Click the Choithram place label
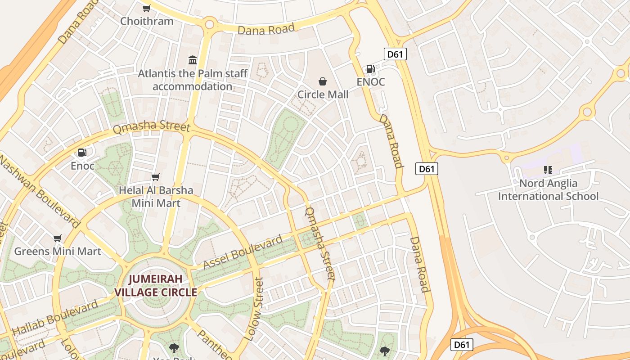[147, 21]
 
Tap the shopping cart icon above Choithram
[147, 8]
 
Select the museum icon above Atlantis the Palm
[193, 60]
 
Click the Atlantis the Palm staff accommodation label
[193, 80]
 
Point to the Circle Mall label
[323, 94]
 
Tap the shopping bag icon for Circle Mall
[323, 81]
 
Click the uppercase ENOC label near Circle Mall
[371, 82]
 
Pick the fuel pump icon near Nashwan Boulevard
[82, 153]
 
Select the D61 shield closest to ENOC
[395, 54]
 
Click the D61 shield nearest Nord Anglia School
[426, 169]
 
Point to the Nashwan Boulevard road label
[40, 191]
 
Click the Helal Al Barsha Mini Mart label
[156, 197]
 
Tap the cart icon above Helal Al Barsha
[156, 177]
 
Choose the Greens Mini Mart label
[58, 251]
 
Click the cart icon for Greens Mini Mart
[57, 238]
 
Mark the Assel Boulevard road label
[243, 252]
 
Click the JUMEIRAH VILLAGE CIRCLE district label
[156, 286]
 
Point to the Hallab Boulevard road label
[55, 318]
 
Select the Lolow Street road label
[253, 308]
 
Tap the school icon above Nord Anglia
[548, 170]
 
